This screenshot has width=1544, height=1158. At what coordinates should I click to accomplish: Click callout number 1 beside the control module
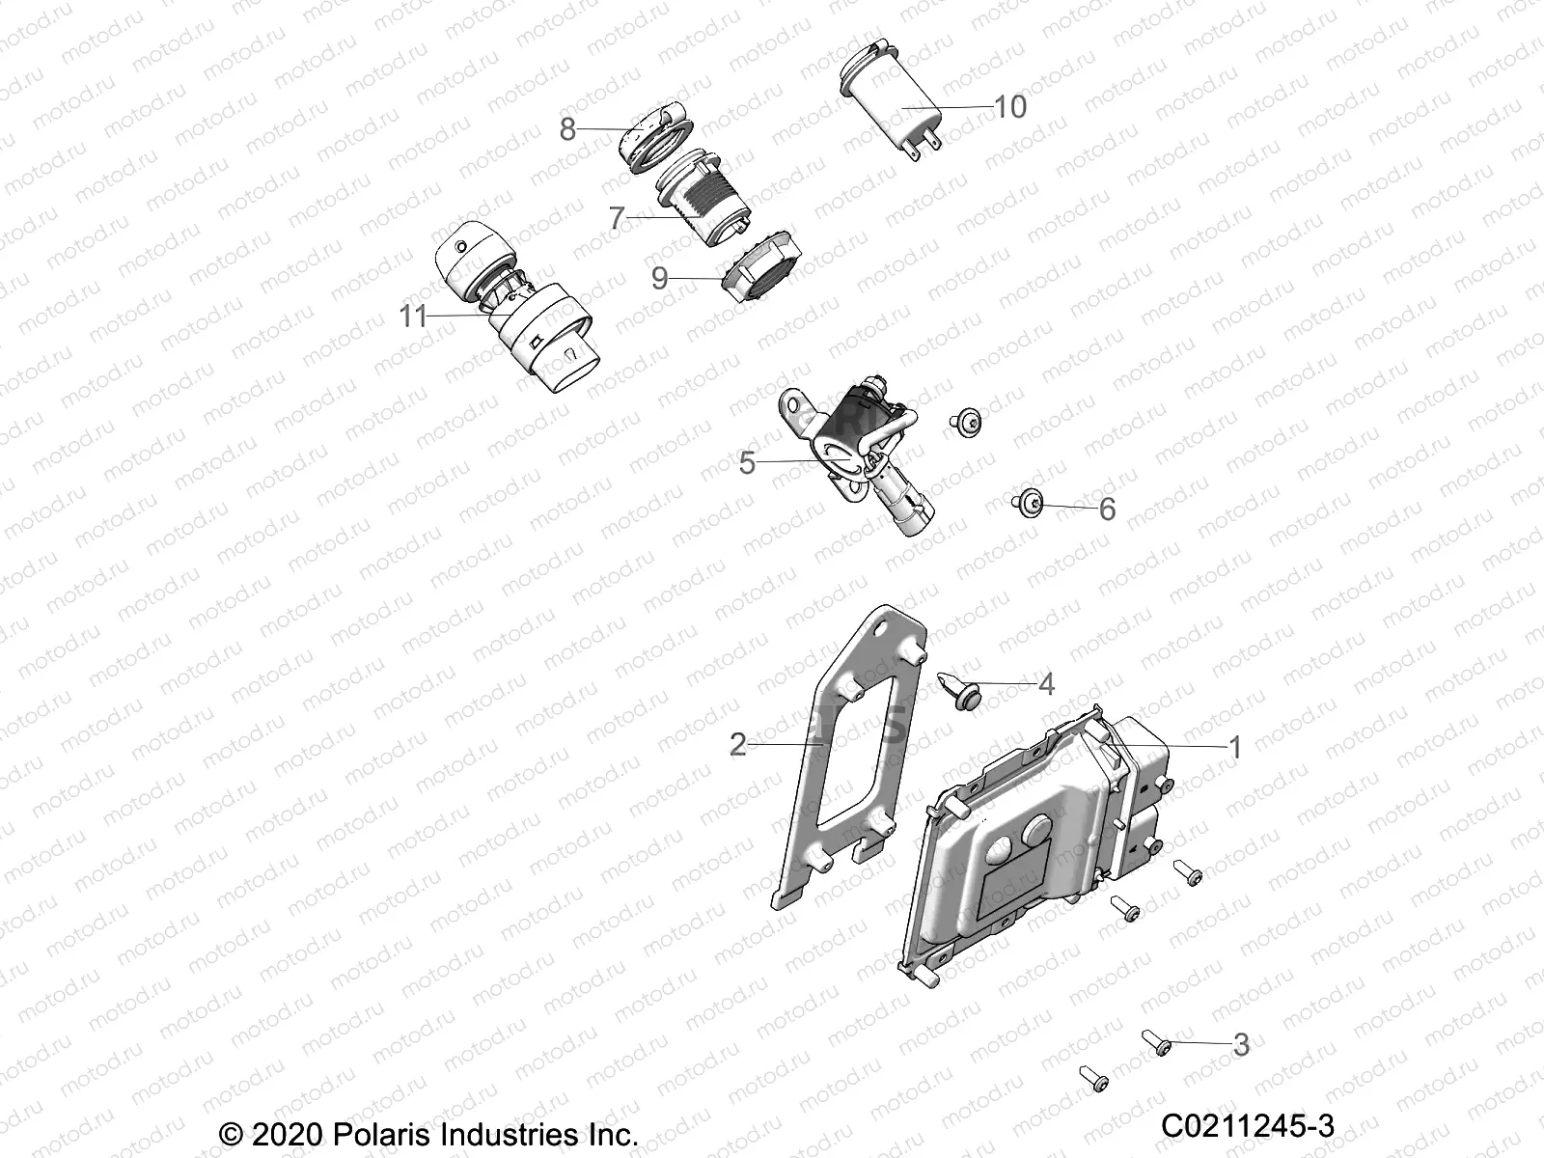1234,747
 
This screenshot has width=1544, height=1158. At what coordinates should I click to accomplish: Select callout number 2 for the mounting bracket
738,744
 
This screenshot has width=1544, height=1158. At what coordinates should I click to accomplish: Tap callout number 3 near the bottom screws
1241,1044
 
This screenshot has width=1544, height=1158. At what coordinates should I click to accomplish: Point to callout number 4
1046,685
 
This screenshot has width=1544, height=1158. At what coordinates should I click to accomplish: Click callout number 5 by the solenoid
747,463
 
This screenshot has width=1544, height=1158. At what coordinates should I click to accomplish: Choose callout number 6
1107,509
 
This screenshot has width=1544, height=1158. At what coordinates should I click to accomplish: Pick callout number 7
618,219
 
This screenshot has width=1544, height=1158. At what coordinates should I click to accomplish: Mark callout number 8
567,128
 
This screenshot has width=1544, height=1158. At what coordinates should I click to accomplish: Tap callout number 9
660,279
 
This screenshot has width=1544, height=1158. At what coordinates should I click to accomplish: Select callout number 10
1010,106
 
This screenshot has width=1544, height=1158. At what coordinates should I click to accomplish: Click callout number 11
413,317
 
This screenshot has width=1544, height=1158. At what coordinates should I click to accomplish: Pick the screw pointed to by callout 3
1156,1043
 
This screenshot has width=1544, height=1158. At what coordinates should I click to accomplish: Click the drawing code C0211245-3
1247,1126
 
